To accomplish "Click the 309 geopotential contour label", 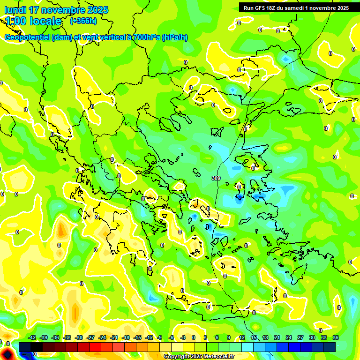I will pyautogui.click(x=216, y=178).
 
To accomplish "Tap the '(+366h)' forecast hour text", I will pyautogui.click(x=83, y=21).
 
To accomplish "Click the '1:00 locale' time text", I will pyautogui.click(x=34, y=21).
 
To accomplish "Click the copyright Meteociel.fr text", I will pyautogui.click(x=199, y=356).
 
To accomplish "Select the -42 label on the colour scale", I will pyautogui.click(x=32, y=337).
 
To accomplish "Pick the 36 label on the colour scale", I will pyautogui.click(x=336, y=337).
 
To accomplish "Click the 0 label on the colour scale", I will pyautogui.click(x=194, y=337).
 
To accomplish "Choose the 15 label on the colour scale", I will pyautogui.click(x=254, y=337).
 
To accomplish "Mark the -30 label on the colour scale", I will pyautogui.click(x=79, y=337).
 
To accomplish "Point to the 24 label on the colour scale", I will pyautogui.click(x=289, y=337).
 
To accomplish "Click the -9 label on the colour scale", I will pyautogui.click(x=160, y=337).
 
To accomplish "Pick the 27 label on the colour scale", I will pyautogui.click(x=300, y=337).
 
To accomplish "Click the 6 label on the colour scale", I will pyautogui.click(x=217, y=337).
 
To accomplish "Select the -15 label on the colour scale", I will pyautogui.click(x=137, y=337).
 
